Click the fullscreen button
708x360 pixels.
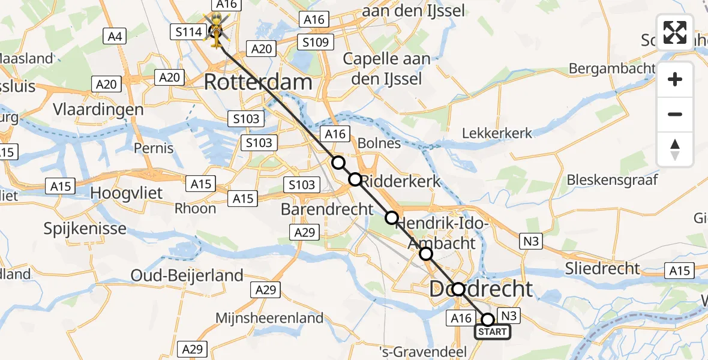point(675,32)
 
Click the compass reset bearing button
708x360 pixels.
point(675,149)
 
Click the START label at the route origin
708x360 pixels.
point(493,331)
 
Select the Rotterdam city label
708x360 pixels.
point(258,82)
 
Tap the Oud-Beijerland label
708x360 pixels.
point(188,275)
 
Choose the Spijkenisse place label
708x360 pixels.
point(85,228)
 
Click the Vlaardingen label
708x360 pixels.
point(98,110)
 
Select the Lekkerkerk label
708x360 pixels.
point(497,133)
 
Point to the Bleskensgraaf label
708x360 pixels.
point(612,179)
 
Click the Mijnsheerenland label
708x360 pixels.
point(269,318)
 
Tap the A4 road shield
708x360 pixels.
point(115,37)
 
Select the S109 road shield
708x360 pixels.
point(315,42)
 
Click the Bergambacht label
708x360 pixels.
point(611,68)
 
